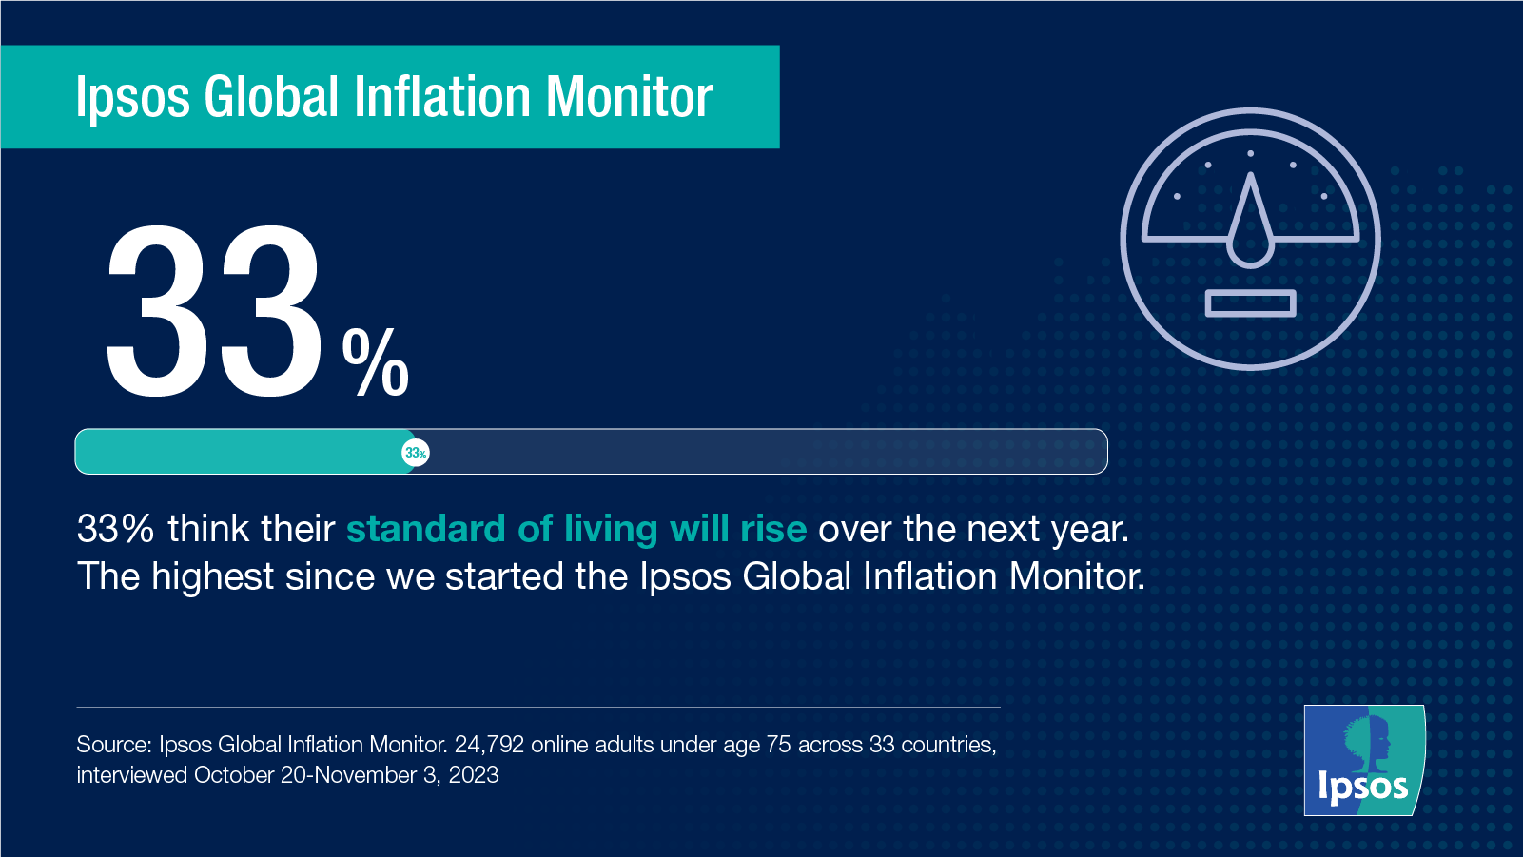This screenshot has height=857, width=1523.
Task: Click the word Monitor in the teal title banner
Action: click(x=629, y=97)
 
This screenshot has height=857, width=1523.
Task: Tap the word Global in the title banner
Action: click(x=271, y=97)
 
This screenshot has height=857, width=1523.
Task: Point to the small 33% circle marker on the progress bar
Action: click(x=416, y=453)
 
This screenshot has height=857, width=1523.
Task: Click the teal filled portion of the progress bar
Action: click(x=238, y=452)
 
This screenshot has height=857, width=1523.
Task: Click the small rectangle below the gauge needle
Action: click(x=1250, y=303)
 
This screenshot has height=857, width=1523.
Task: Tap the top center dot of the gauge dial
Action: click(x=1250, y=153)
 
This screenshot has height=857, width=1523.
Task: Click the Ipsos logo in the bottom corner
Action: click(x=1363, y=760)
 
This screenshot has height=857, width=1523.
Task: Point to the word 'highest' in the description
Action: click(x=212, y=576)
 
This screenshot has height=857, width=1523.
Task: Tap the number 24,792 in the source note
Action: click(x=489, y=745)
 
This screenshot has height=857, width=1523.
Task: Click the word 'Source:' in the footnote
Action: click(x=113, y=745)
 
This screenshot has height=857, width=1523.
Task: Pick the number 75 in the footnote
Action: click(x=778, y=745)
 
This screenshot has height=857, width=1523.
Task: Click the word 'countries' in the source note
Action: click(x=947, y=745)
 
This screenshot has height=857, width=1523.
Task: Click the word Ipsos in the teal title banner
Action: click(x=132, y=99)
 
